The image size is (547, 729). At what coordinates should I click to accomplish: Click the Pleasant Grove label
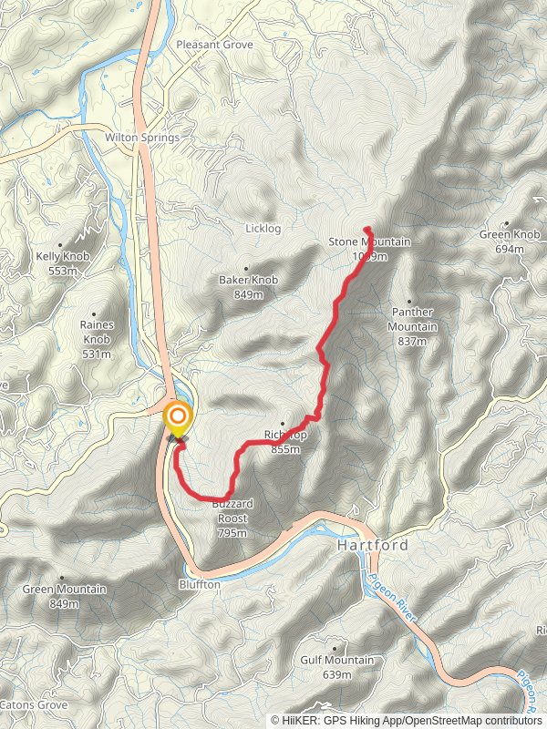[214, 44]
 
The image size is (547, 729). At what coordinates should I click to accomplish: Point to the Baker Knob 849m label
[248, 287]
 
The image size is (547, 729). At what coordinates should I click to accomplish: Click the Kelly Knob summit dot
[61, 245]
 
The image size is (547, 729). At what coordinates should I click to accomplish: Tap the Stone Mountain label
[369, 242]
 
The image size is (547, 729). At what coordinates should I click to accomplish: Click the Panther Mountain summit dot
[408, 302]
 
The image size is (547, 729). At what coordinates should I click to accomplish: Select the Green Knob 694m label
[510, 241]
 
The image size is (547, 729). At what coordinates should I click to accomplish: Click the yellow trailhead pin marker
[176, 420]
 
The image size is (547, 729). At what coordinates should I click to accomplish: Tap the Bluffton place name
[200, 584]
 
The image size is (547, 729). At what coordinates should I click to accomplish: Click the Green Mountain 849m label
[64, 595]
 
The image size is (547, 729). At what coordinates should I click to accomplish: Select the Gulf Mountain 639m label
[336, 666]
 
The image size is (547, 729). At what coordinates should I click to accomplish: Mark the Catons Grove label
[33, 705]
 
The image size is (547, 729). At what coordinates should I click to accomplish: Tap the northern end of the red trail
[366, 228]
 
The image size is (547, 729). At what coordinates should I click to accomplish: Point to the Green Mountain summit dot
[62, 578]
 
